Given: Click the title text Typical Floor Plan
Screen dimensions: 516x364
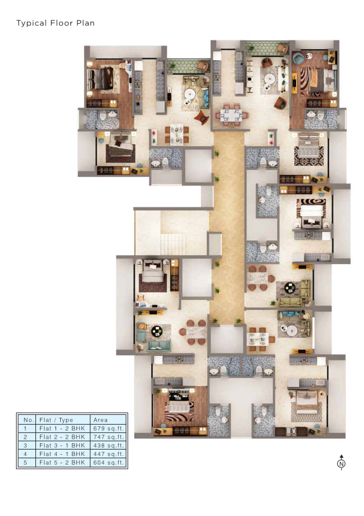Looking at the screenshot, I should [55, 23].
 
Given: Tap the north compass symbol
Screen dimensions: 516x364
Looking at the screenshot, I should [341, 463].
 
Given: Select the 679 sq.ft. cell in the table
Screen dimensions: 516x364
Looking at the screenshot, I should [109, 428].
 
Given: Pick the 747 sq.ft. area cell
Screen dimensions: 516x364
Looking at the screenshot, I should [109, 437].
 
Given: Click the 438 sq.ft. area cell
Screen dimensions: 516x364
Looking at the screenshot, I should [109, 446].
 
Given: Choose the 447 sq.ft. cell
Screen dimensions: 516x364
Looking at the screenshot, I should [109, 454].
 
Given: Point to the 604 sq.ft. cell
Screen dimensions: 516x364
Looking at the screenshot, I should [109, 463].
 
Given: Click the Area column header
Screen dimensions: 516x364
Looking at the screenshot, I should [109, 420].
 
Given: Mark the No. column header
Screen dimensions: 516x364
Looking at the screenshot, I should [27, 420].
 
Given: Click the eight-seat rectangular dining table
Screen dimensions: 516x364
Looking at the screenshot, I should [231, 114].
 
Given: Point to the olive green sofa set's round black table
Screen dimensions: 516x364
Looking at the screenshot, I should [290, 287].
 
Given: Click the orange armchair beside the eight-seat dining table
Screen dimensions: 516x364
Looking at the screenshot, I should [201, 117].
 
